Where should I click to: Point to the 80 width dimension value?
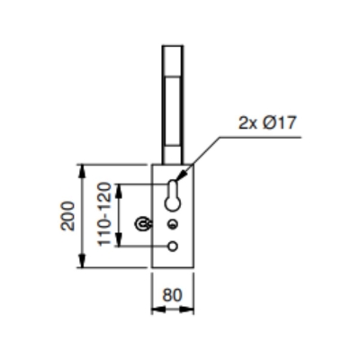(173, 292)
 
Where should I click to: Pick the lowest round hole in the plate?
(173, 246)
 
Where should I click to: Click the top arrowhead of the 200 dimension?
(83, 169)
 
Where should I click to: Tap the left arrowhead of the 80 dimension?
(155, 308)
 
